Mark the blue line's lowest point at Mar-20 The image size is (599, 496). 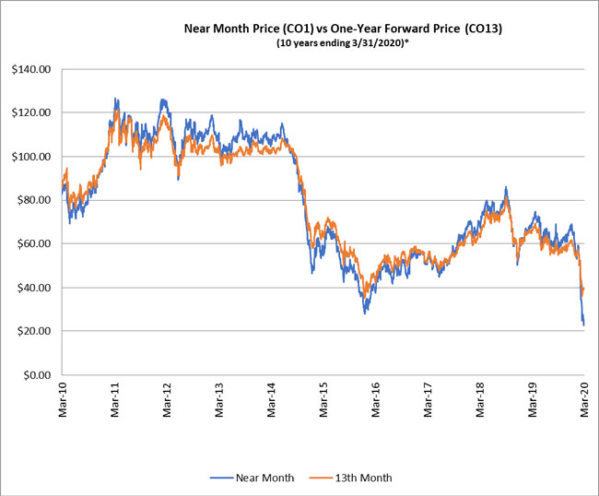583,325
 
